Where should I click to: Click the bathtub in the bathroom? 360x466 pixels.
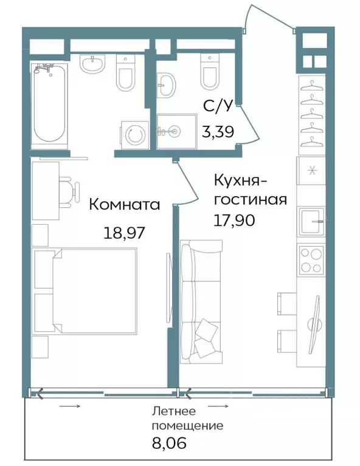tap(48, 103)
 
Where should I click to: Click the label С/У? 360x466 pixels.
tap(217, 107)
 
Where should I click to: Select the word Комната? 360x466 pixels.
tap(125, 205)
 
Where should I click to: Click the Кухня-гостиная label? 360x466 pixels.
tap(249, 190)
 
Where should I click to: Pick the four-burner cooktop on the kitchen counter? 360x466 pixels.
tap(311, 259)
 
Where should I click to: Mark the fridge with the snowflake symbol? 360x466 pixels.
tap(311, 170)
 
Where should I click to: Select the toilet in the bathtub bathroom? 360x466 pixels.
tap(125, 74)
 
